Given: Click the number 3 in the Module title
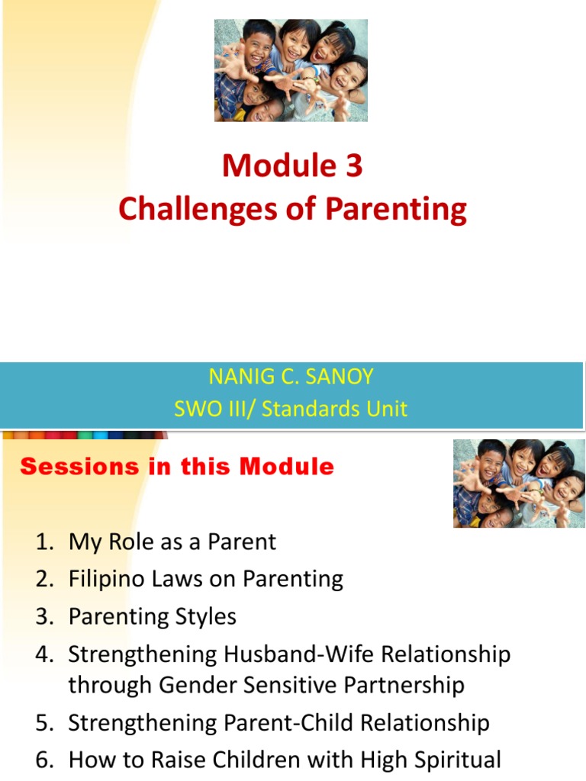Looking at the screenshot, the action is point(354,166).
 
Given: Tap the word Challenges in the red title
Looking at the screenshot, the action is point(198,209).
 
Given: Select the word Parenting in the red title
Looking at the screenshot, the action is point(396,209).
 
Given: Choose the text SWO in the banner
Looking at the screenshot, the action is point(192,409).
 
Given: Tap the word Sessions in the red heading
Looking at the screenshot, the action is point(79,467).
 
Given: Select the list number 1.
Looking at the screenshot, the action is point(45,542).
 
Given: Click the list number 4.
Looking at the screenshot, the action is point(44,654).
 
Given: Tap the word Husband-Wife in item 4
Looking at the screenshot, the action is point(299,654).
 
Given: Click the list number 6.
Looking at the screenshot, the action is point(45,760).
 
